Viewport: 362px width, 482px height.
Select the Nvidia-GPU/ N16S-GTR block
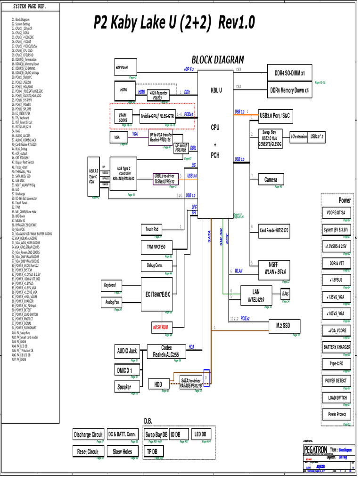[x=157, y=115]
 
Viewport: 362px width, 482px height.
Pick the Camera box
[x=271, y=179]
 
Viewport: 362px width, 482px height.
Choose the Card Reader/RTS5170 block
[x=274, y=230]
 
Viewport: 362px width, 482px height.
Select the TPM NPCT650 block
[x=156, y=247]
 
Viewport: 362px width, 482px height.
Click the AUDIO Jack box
[x=126, y=351]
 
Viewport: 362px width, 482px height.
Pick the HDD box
[x=158, y=384]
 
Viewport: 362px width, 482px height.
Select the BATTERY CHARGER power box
[x=337, y=347]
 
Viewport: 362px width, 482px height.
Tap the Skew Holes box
[x=123, y=451]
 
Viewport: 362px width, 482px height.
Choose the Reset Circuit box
[x=88, y=451]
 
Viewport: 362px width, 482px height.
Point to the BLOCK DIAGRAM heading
[x=217, y=60]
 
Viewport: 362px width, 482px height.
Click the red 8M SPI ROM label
[x=160, y=326]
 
